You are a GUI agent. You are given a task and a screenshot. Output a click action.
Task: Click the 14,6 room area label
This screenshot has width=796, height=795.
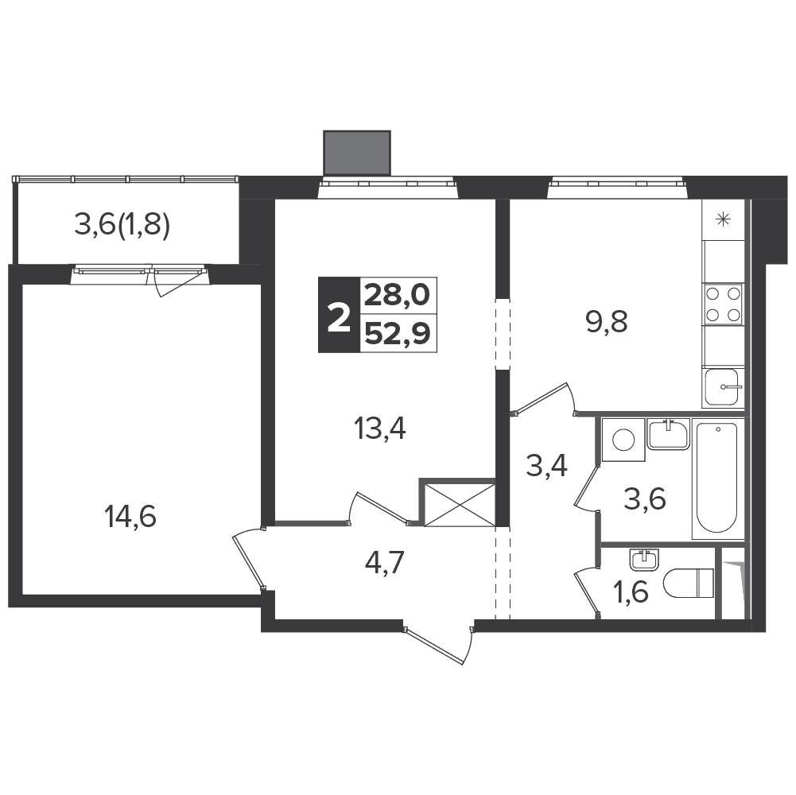point(130,518)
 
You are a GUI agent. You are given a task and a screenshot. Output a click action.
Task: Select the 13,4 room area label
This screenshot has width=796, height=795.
point(380,430)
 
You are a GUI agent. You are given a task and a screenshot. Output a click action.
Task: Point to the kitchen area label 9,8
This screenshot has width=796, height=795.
point(607,322)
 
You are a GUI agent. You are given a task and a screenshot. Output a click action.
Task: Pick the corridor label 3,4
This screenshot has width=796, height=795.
point(547,466)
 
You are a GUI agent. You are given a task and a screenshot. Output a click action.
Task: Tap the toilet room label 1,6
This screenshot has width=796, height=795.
point(631,592)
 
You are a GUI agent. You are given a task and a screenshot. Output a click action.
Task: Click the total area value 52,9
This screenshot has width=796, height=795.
point(398,334)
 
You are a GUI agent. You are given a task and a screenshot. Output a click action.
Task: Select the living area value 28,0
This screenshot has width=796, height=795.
point(398,296)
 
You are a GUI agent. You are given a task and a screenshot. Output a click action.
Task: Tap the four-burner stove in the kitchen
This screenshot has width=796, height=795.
point(723,304)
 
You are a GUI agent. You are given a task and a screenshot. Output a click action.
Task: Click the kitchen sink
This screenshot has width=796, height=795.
point(722,387)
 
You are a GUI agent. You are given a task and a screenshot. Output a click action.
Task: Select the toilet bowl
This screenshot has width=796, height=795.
point(689,583)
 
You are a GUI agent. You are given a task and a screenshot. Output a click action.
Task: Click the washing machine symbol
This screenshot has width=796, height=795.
point(623,440)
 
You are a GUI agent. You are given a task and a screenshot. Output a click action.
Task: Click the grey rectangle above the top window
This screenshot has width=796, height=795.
point(357,153)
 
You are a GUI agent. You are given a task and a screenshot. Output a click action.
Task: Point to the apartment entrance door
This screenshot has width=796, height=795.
point(438,645)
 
